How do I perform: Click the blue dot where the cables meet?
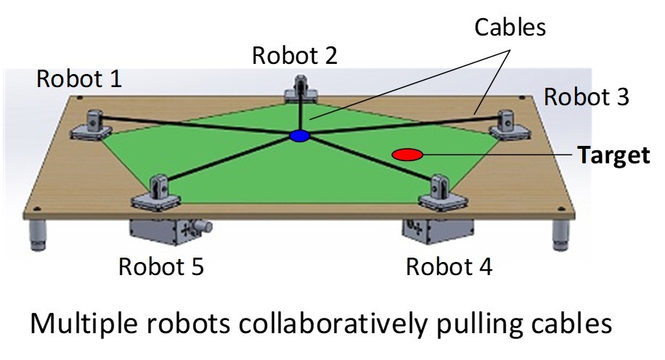click(299, 136)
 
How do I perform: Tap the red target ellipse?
click(407, 154)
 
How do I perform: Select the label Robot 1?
click(79, 79)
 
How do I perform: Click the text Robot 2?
click(294, 55)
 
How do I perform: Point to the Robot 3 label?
click(587, 97)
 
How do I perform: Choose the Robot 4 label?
click(449, 267)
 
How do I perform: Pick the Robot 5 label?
click(161, 267)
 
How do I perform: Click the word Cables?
click(510, 28)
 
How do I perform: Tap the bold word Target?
click(613, 155)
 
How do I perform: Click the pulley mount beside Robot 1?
click(92, 125)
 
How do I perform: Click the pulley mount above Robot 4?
click(438, 190)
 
